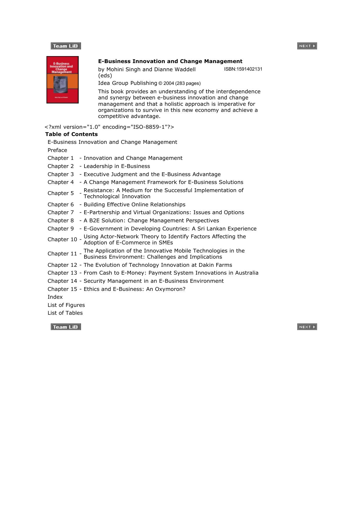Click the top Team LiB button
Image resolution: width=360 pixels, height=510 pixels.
coord(66,46)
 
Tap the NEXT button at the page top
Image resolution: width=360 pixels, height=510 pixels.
coord(307,46)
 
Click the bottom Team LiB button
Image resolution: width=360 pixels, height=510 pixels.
coord(66,327)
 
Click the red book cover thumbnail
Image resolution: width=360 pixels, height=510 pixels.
coord(62,80)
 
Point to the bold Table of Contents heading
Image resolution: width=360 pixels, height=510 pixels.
coord(71,134)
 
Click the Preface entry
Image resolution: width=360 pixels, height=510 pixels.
coord(57,150)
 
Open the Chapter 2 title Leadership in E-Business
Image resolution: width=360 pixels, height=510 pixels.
coord(117,166)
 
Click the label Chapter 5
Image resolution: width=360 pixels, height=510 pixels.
coord(61,193)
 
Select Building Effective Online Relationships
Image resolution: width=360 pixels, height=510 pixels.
coord(134,205)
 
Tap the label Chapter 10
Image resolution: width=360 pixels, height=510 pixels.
coord(62,239)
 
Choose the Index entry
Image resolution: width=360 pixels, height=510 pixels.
coord(55,297)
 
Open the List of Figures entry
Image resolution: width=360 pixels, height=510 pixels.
coord(66,305)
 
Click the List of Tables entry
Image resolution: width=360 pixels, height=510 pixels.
coord(65,313)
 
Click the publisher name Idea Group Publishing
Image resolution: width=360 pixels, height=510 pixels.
coord(127,83)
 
